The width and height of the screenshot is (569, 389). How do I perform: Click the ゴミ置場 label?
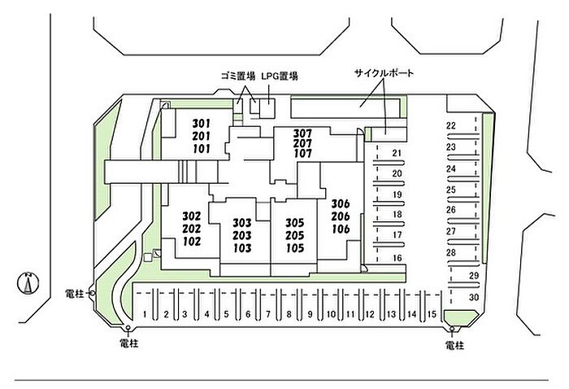coord(238,76)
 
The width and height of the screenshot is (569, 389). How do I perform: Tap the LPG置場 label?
coord(280,76)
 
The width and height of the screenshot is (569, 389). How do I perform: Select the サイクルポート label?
coord(384,73)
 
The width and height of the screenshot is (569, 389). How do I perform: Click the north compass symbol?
coord(27,284)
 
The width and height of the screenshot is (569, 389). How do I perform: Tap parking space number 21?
coord(397,153)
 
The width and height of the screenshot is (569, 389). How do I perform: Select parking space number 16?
coord(397,258)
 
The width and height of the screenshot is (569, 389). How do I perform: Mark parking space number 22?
coord(450,126)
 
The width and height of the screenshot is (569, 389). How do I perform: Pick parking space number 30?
coord(473,297)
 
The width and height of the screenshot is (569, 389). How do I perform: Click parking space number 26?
coord(450,210)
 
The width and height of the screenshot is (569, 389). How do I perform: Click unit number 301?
coord(201,124)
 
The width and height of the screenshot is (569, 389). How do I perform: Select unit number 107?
coord(302,154)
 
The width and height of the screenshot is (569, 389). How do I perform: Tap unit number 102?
coord(192,242)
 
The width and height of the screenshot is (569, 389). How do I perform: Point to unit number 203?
coord(241,235)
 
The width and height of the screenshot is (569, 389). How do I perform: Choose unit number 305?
coord(294,222)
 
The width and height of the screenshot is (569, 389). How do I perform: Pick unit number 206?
coord(341,216)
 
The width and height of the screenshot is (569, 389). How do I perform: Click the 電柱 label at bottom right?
coord(454,346)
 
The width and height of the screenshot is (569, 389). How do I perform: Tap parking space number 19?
coord(397,195)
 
